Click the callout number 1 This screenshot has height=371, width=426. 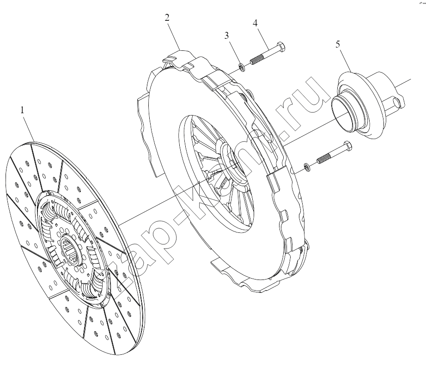22,110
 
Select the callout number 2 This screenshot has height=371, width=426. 167,18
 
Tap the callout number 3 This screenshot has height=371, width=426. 226,36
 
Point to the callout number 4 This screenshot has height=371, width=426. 255,23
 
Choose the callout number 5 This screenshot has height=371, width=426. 338,44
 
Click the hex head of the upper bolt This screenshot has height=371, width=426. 280,47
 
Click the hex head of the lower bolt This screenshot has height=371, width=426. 347,146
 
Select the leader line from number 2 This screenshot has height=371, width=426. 174,36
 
